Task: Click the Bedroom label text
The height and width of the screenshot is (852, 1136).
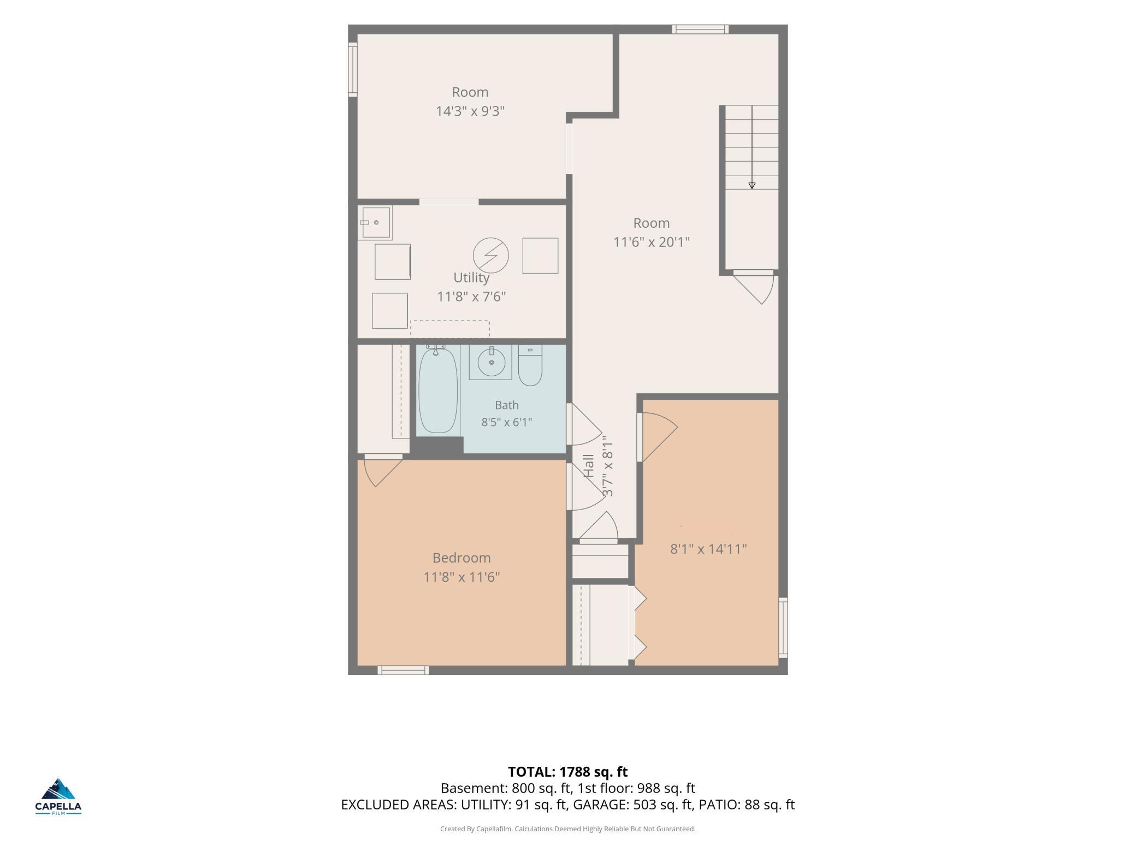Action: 461,558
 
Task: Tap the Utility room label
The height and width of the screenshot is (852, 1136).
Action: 471,278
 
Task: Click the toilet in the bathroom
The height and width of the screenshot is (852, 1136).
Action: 530,365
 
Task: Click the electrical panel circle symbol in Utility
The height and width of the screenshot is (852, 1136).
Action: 491,255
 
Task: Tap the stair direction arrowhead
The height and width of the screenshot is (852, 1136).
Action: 752,186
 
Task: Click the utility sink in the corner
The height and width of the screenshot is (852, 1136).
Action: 375,223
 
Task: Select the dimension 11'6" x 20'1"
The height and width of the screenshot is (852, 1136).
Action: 652,242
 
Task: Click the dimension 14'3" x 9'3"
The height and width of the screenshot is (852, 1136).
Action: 470,111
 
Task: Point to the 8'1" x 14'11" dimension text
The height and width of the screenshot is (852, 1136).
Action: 708,549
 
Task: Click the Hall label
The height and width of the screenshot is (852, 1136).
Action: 589,466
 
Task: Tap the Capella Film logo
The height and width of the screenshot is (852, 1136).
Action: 58,796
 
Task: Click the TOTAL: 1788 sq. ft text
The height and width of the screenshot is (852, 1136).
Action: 568,772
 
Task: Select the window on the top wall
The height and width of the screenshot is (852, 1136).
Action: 700,29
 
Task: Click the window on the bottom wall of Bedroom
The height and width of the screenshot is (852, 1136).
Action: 403,670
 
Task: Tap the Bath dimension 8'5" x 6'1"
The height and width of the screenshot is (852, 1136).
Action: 506,422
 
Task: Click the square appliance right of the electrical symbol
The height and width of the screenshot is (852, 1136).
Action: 540,256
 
